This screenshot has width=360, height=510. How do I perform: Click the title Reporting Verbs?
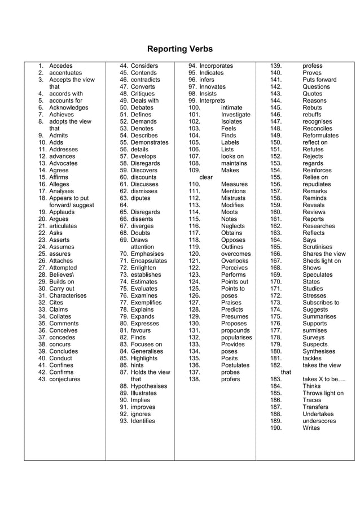coord(180,49)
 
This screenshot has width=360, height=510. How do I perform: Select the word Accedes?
coord(61,66)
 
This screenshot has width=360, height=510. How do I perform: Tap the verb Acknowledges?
coord(69,108)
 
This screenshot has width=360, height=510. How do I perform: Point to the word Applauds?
coord(62,212)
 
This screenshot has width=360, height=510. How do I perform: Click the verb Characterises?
coord(68,295)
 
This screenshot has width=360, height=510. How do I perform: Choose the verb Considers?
coord(144,66)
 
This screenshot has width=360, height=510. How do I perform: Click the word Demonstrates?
coord(150,143)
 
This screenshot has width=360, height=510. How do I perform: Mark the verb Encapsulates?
coord(149,261)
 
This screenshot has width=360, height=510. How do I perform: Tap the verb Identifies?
coord(142,421)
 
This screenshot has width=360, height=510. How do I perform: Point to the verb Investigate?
coord(236,115)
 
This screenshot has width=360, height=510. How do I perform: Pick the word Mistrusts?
coord(234,198)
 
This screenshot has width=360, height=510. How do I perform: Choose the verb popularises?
coord(236,337)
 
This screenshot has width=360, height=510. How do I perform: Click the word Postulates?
coord(235,365)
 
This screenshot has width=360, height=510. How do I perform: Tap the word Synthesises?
coord(319,351)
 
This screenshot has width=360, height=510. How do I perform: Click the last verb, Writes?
coord(311,428)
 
